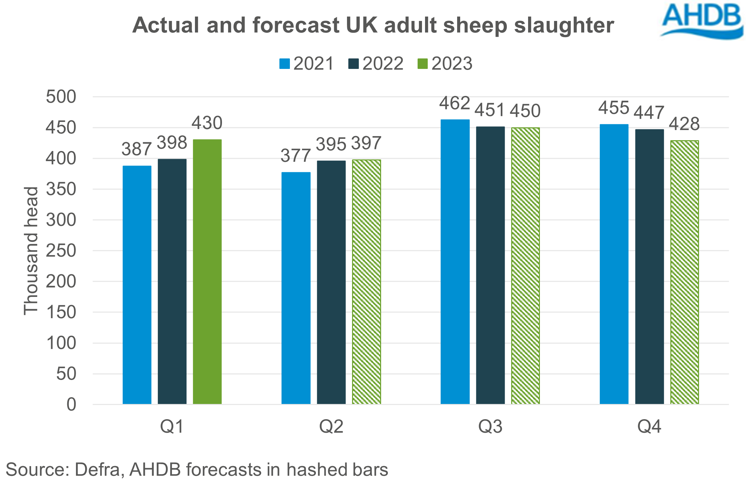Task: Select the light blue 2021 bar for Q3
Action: click(x=455, y=262)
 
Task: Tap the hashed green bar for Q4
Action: click(x=685, y=272)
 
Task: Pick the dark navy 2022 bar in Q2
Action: click(x=331, y=282)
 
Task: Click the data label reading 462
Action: click(x=454, y=103)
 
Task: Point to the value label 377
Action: click(x=295, y=156)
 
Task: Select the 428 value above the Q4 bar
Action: click(x=684, y=124)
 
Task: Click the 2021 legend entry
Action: click(x=306, y=64)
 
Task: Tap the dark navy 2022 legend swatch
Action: click(x=353, y=64)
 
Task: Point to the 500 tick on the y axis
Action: click(x=61, y=97)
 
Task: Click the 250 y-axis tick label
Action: click(x=61, y=251)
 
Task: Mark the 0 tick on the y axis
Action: click(x=71, y=404)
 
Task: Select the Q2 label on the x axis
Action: click(x=331, y=426)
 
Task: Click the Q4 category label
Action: click(x=649, y=426)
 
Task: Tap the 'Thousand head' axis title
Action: click(x=31, y=251)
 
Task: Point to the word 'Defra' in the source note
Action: click(x=98, y=470)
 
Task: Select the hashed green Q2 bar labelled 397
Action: click(x=366, y=282)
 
